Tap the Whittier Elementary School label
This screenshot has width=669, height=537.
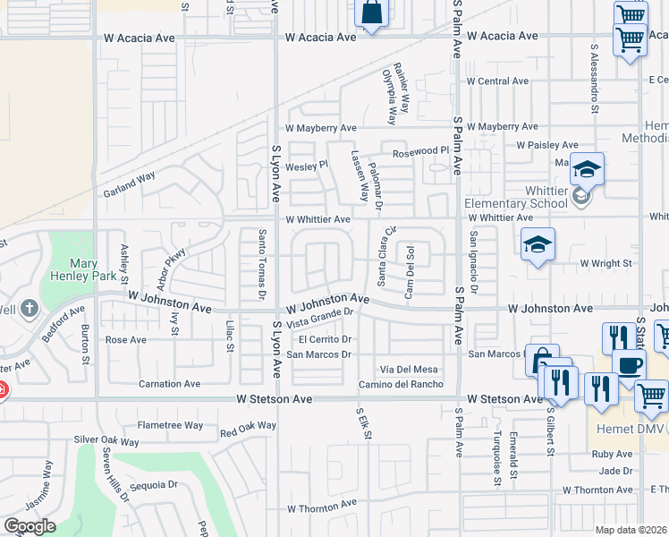coord(516,197)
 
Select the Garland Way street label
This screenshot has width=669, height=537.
coord(129,185)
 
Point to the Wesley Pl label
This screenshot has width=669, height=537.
coord(307,166)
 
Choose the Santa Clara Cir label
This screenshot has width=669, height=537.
coord(386,256)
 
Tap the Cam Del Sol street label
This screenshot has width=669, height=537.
coord(411,260)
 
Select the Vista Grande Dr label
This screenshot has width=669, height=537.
coord(321,317)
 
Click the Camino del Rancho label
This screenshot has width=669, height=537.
coord(402,384)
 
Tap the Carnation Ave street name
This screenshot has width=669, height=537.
coord(169,384)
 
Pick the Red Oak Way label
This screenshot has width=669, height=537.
coord(248,427)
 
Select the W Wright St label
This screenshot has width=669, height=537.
coord(605,263)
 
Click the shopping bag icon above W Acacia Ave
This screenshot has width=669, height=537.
coord(371,13)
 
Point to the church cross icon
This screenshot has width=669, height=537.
coord(30,310)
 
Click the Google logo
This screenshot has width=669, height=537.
coord(30,526)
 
